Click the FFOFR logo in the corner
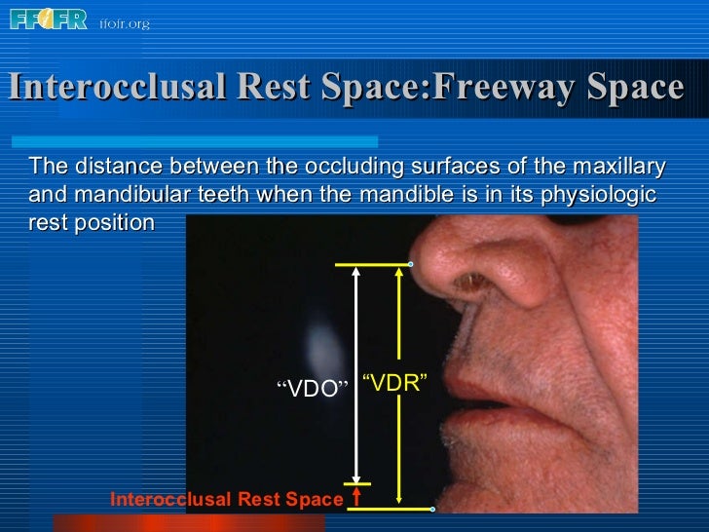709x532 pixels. [49, 19]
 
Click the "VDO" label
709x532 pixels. [313, 389]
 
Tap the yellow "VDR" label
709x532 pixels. [394, 382]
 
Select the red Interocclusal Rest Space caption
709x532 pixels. [227, 500]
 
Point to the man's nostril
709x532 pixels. [474, 284]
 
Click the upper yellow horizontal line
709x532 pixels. [371, 264]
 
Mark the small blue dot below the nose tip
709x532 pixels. [411, 264]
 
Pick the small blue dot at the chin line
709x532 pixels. [432, 509]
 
